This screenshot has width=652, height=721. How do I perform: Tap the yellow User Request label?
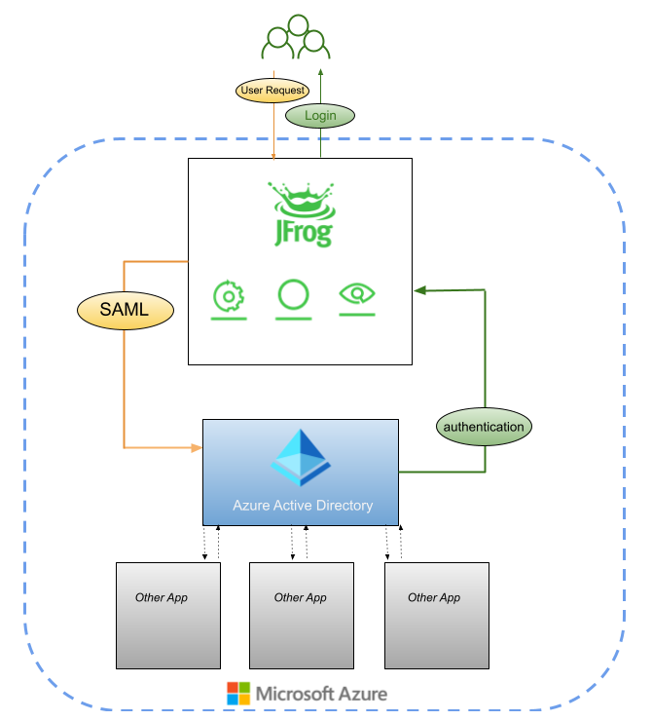(272, 91)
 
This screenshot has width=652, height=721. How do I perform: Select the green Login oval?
(320, 115)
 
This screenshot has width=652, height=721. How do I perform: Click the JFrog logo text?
(300, 232)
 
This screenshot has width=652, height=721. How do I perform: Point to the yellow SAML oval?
(125, 311)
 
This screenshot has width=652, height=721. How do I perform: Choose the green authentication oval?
(483, 427)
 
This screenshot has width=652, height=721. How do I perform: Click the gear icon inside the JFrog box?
(230, 295)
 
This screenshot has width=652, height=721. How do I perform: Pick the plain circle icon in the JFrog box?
(293, 295)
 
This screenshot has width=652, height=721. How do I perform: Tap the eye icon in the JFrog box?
(357, 294)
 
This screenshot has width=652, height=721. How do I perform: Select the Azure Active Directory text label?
(303, 506)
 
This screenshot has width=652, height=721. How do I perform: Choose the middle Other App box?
(301, 615)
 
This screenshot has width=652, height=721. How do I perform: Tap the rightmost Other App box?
(436, 615)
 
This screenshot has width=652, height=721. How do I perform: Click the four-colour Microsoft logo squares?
(237, 694)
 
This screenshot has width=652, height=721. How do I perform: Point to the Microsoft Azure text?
(321, 694)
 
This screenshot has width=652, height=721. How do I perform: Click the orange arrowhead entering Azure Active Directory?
(196, 448)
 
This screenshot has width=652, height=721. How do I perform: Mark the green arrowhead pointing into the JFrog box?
(419, 290)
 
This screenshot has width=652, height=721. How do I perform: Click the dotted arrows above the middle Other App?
(300, 544)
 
